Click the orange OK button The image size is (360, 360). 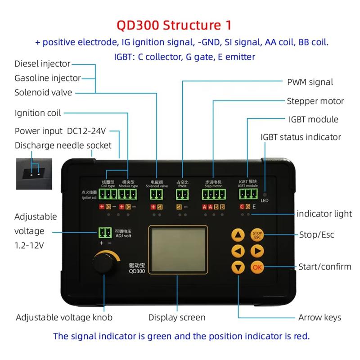pos(257,267)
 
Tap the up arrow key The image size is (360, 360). pos(238,235)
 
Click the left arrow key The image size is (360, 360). pos(238,251)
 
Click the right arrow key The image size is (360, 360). pos(257,251)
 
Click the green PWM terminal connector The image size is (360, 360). pos(182,195)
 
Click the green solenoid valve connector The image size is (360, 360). pos(156,195)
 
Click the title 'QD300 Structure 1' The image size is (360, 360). pos(180,24)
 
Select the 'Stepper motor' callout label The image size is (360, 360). pos(315,101)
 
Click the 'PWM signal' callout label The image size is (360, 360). pos(310,82)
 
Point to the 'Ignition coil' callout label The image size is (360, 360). pos(38,112)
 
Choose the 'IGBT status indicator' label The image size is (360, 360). pos(301,137)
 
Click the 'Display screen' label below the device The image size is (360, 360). pos(177,317)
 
